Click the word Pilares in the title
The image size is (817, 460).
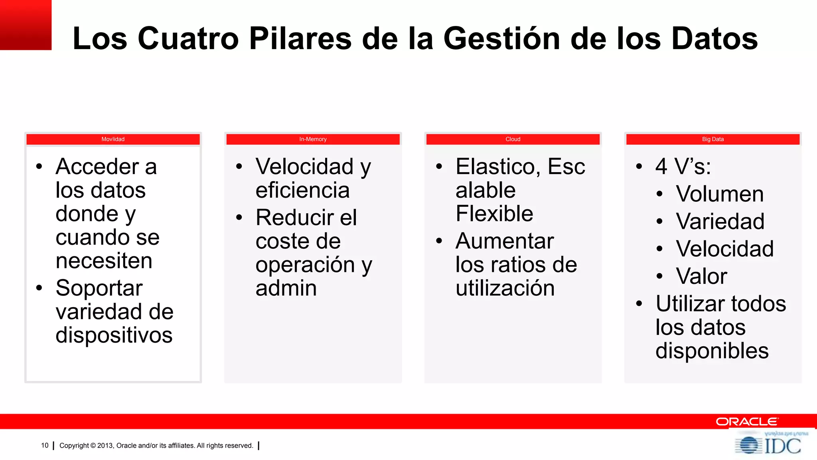click(300, 38)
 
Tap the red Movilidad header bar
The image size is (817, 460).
click(113, 139)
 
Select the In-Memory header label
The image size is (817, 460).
click(313, 139)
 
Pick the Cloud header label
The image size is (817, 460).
click(513, 139)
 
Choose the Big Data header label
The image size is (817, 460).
click(712, 139)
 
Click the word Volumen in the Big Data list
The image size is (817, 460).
click(720, 194)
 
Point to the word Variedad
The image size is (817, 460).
click(720, 221)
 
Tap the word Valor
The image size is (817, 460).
click(701, 276)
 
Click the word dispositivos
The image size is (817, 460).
click(114, 335)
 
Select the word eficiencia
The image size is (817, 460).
click(302, 190)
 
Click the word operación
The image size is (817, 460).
click(305, 265)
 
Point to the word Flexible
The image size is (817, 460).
click(494, 214)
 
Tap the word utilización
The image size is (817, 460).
click(505, 288)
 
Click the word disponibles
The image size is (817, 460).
click(712, 351)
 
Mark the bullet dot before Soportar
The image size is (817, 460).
click(39, 288)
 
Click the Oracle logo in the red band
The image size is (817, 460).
click(747, 422)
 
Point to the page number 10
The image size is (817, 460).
click(45, 446)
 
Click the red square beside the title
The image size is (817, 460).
click(26, 25)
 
